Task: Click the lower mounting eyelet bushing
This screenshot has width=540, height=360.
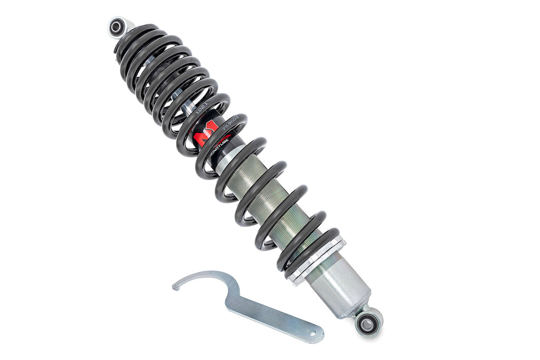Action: pos(367,323)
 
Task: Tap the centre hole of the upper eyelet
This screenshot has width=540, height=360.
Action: pos(117,26)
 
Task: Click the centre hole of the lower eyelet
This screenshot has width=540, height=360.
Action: pos(368,323)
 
